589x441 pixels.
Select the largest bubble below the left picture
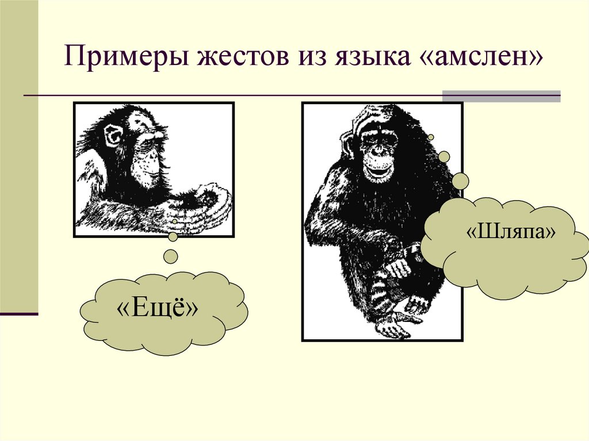(170, 256)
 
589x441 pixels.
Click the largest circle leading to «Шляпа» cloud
(460, 182)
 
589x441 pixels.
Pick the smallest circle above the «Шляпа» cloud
(431, 137)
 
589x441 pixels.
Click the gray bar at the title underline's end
(500, 96)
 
